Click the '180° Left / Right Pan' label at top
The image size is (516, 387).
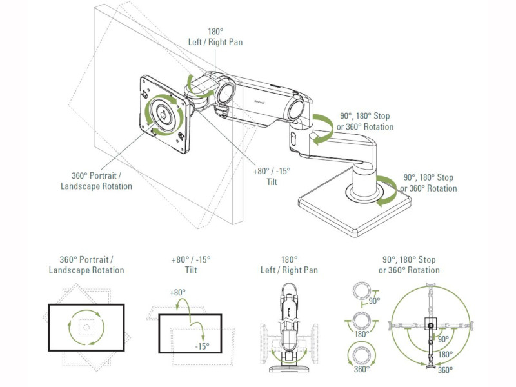[216, 37]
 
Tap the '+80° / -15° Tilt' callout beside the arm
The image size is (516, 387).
[272, 175]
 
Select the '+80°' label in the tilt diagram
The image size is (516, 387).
[178, 292]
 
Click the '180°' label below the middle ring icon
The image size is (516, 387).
[362, 334]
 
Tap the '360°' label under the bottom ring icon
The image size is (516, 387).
[362, 369]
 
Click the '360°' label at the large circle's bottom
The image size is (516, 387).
[445, 370]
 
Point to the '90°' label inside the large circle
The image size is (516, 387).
[443, 339]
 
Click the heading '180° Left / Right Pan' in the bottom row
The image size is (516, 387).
[290, 264]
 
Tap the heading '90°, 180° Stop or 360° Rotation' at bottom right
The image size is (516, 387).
[409, 264]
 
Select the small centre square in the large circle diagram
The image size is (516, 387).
[431, 323]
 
